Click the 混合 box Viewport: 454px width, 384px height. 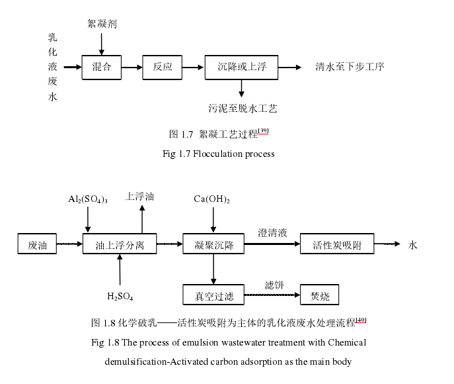(x=102, y=67)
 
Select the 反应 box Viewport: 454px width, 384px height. (x=163, y=67)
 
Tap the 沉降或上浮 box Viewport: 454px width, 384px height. (x=242, y=67)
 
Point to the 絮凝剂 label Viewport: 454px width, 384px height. (x=102, y=24)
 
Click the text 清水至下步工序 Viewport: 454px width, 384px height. (x=350, y=67)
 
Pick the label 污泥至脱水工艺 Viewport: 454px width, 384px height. (x=242, y=107)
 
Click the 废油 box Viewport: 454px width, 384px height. (x=38, y=244)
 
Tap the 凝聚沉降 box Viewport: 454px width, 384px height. (x=213, y=244)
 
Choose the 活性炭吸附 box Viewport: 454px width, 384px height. (x=337, y=244)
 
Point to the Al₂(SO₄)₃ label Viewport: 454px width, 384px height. (x=88, y=199)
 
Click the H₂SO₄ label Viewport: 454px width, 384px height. (x=120, y=295)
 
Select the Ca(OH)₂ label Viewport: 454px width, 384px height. (x=212, y=199)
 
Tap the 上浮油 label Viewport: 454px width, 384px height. (x=140, y=196)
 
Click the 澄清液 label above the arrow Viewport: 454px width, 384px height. (x=272, y=233)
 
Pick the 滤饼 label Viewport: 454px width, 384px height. (x=274, y=284)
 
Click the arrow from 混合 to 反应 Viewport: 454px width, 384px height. (x=133, y=67)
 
